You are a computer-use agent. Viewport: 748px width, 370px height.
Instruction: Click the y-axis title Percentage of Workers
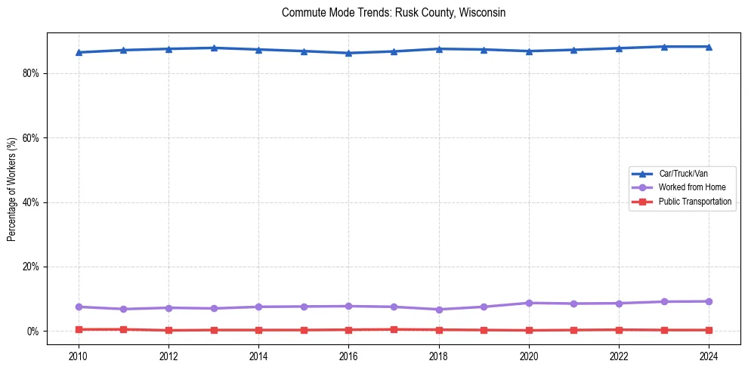click(11, 189)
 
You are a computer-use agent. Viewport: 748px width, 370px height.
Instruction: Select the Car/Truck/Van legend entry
click(683, 174)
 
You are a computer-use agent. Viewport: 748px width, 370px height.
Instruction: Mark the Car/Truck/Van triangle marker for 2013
click(214, 48)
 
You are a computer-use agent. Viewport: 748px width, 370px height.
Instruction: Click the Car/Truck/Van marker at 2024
click(709, 47)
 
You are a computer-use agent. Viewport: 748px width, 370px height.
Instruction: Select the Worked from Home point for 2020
click(529, 303)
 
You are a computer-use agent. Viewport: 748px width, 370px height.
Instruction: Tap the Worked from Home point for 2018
click(439, 310)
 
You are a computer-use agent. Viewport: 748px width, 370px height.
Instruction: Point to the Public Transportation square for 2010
click(78, 329)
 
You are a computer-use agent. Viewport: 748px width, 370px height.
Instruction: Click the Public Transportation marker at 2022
click(619, 329)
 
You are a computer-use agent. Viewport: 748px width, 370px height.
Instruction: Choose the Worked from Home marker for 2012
click(168, 307)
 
